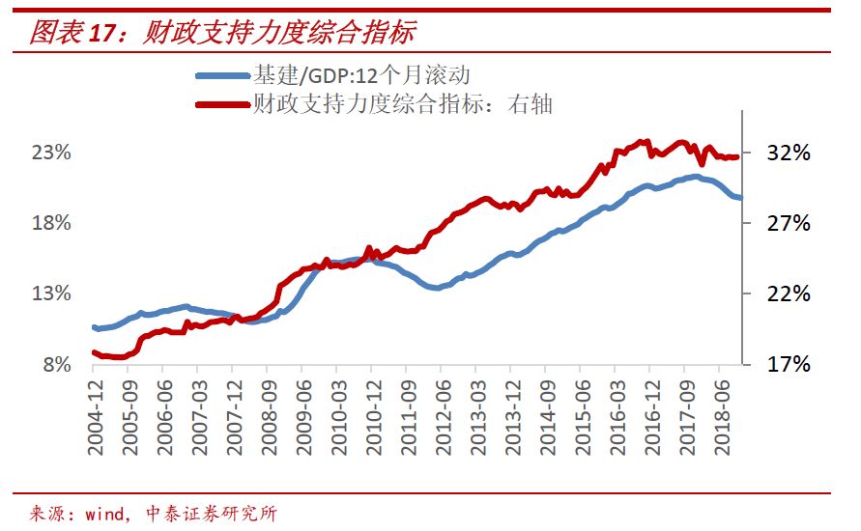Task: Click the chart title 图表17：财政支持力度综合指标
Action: click(x=222, y=33)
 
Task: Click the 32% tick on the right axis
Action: click(x=782, y=153)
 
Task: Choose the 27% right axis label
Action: click(x=782, y=223)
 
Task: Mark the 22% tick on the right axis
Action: click(x=782, y=293)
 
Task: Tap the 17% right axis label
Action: click(x=782, y=365)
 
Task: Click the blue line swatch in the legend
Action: click(x=222, y=75)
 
